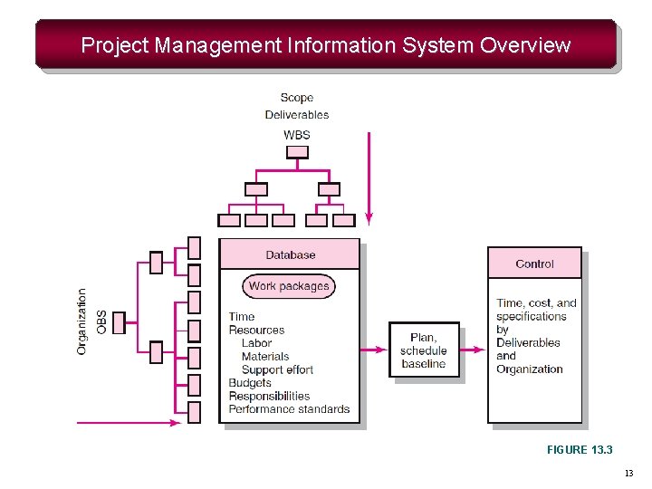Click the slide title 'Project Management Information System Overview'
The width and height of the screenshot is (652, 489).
tap(326, 45)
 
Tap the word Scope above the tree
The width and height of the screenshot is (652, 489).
tap(297, 98)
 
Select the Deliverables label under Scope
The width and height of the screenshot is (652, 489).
tap(297, 115)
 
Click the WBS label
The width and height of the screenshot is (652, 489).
tap(297, 135)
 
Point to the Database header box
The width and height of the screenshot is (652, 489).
tap(290, 255)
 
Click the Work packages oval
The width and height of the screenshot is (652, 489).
tap(289, 286)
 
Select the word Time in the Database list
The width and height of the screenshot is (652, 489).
tap(242, 317)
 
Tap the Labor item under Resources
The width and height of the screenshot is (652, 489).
tap(256, 343)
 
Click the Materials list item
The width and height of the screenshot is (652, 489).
tap(265, 357)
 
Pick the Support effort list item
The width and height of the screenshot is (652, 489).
tap(277, 369)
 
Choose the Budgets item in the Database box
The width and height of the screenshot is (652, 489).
tap(250, 383)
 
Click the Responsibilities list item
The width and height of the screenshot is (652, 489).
tap(269, 396)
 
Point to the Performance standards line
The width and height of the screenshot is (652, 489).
tap(289, 409)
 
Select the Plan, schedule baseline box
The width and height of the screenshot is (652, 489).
tap(424, 350)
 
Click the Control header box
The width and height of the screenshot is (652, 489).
tap(534, 264)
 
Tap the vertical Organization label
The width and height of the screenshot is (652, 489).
tap(82, 321)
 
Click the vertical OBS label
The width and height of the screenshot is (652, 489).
tap(101, 321)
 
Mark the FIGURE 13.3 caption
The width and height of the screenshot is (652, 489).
tap(580, 449)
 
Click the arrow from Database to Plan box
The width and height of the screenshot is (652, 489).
tap(374, 350)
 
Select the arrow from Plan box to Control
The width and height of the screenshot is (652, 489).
tap(474, 350)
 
